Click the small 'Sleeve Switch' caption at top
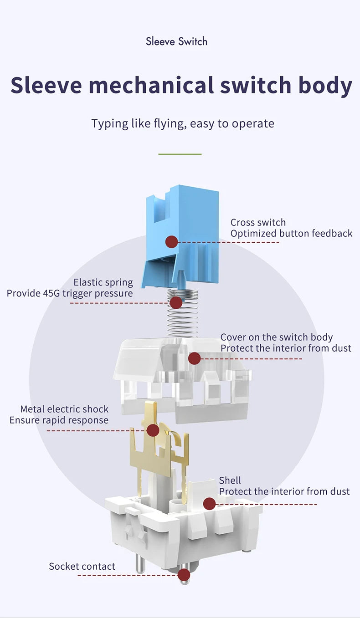point(176,41)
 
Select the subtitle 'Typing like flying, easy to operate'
point(182,123)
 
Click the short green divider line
point(180,154)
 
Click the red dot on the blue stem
point(171,242)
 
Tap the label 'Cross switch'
point(258,222)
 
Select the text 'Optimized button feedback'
point(291,234)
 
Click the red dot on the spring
point(176,302)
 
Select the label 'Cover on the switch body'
point(277,337)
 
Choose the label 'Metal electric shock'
point(64,409)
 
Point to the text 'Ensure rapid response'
point(59,420)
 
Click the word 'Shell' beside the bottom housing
point(230,480)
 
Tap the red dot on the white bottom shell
point(209,504)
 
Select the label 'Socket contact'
point(82,567)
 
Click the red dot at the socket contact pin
point(184,575)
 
